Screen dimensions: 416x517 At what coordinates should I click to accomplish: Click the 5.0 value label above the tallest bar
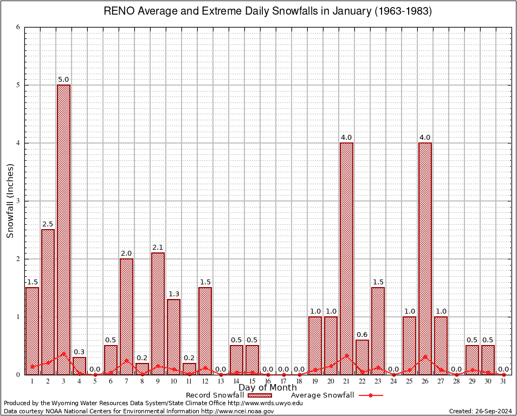63,80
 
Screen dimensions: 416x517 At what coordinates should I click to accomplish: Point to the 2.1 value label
158,248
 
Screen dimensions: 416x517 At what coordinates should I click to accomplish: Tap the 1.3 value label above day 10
173,294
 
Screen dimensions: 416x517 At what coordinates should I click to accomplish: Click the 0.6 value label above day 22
362,335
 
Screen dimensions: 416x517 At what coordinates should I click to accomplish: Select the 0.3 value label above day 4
79,352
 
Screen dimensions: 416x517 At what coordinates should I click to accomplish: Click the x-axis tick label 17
283,381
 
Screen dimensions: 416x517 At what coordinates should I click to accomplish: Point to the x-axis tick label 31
503,381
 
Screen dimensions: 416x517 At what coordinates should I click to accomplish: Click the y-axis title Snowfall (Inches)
10,201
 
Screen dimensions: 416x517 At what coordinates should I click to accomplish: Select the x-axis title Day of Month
268,388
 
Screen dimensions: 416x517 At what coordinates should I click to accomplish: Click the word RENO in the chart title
118,11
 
